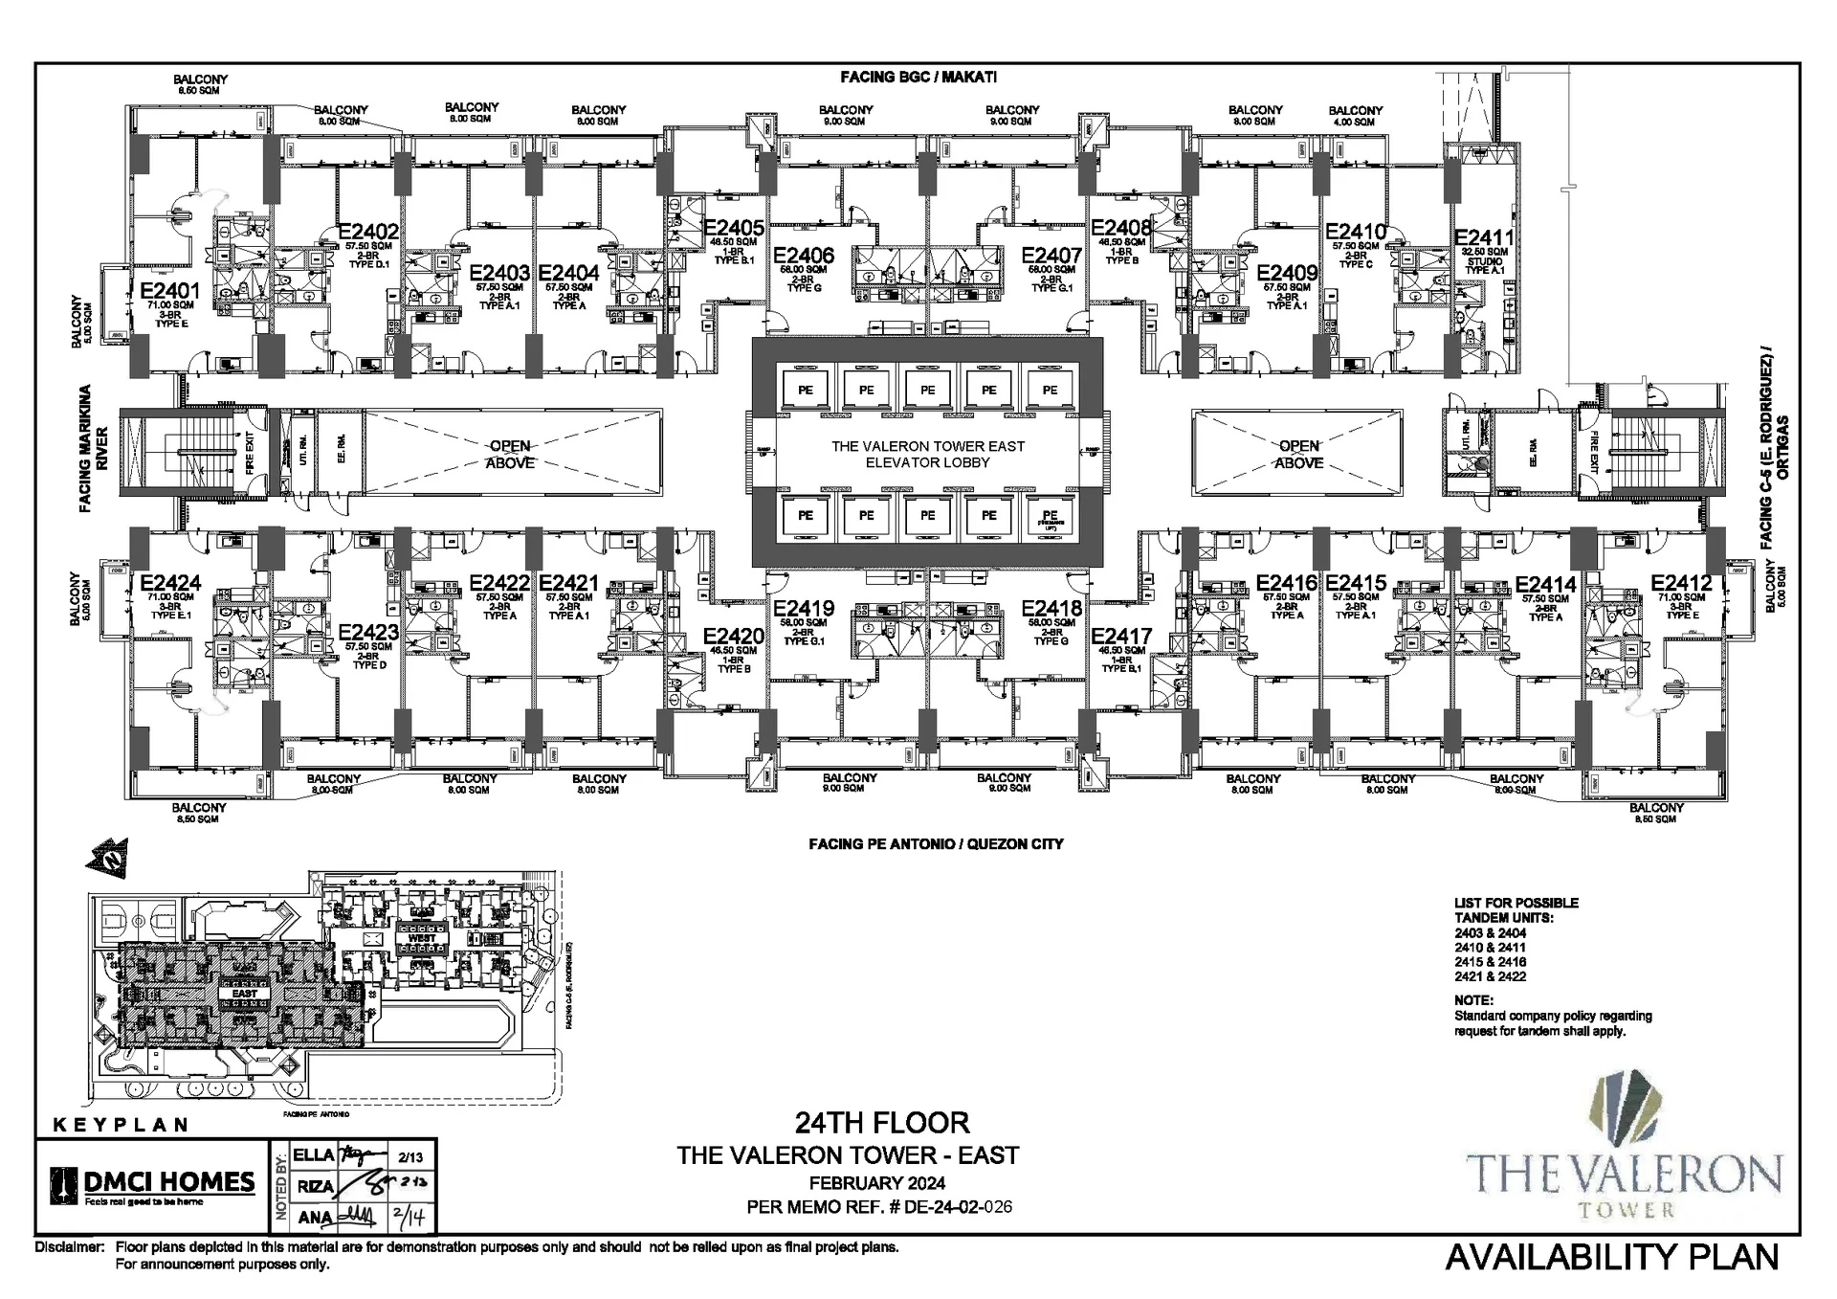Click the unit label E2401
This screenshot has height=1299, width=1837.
point(169,291)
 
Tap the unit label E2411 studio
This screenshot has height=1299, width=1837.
point(1484,237)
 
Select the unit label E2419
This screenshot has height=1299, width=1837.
point(804,609)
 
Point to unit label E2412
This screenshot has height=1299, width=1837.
point(1681,583)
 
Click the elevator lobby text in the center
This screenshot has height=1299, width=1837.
point(927,454)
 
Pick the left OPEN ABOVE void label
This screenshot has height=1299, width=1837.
point(510,454)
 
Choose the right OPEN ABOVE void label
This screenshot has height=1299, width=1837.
point(1298,454)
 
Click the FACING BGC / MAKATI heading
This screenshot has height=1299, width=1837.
point(918,78)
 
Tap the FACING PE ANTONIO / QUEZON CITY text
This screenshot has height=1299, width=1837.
point(935,844)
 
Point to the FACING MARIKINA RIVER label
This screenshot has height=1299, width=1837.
point(93,448)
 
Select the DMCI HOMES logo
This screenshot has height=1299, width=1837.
point(153,1185)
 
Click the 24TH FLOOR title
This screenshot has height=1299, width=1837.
point(881,1122)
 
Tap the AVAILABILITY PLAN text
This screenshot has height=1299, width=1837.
point(1611,1257)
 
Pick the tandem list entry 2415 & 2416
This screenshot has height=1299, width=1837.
point(1490,962)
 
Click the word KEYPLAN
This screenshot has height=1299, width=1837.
point(120,1125)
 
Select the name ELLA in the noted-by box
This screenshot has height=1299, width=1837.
point(313,1155)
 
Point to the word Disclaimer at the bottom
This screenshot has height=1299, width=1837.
point(69,1247)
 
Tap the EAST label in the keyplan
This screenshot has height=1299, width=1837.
point(244,994)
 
